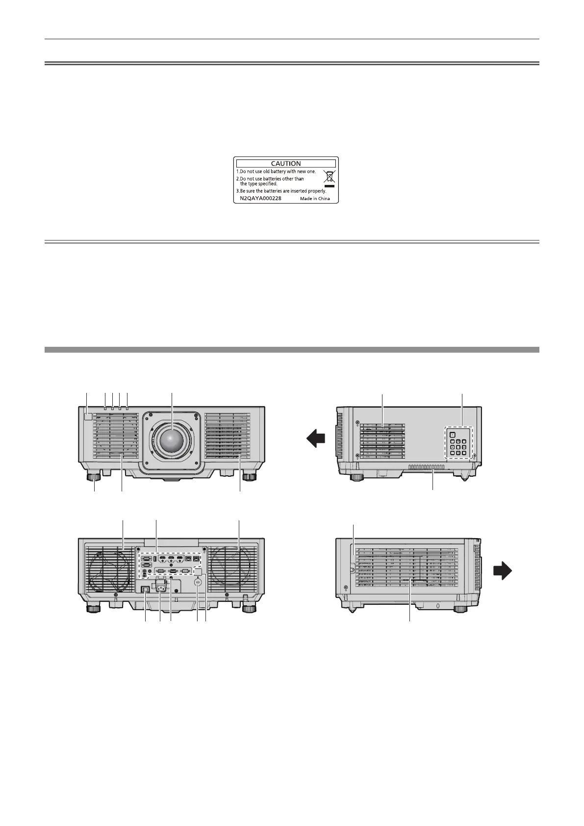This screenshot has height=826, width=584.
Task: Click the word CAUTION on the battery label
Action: tap(286, 163)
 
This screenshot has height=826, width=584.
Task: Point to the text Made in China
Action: tap(315, 200)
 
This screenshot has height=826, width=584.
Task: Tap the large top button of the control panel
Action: tap(452, 434)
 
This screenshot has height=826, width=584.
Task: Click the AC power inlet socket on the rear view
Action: tap(161, 585)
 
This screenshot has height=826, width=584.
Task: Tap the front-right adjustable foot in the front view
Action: tap(249, 475)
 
